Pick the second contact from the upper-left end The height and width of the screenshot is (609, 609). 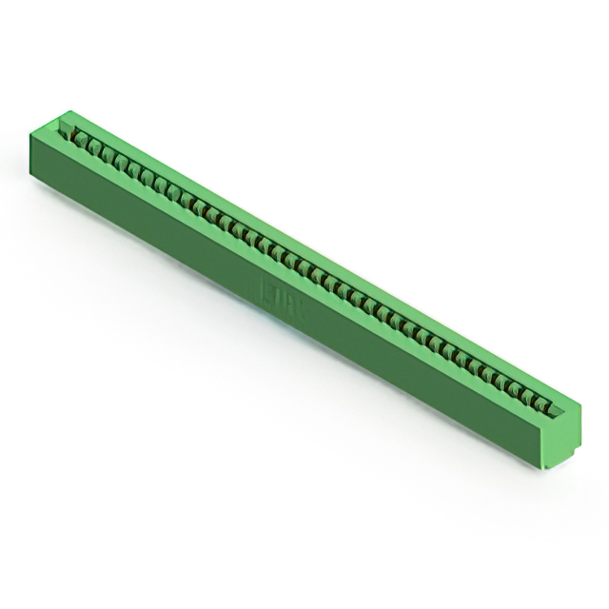pyautogui.click(x=95, y=147)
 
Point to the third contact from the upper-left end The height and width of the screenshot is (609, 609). pyautogui.click(x=108, y=153)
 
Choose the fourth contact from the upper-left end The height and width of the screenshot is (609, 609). pyautogui.click(x=120, y=160)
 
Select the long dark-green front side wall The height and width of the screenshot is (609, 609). pyautogui.click(x=285, y=314)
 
